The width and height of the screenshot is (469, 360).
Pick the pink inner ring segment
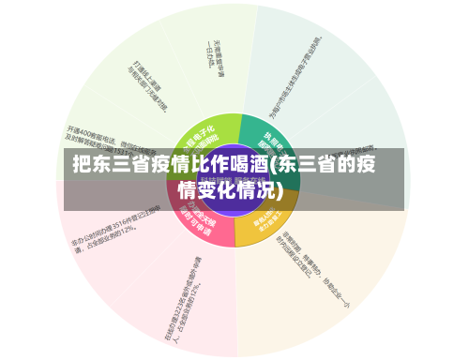coord(201,225)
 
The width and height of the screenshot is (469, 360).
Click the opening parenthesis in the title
coord(272,167)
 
